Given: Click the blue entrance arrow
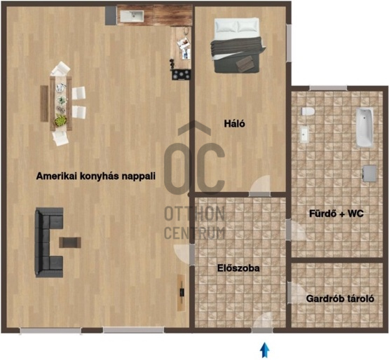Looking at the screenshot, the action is point(265,349).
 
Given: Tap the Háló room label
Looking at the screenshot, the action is point(234,123).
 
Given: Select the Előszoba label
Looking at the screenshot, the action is point(238,268).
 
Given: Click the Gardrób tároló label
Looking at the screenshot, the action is point(340,298).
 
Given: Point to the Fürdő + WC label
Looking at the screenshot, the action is point(336,214).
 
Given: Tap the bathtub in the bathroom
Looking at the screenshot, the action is point(364,127).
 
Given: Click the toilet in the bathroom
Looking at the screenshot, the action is point(308,111).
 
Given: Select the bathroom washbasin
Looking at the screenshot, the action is point(304,134).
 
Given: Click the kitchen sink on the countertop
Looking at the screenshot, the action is point(132,16).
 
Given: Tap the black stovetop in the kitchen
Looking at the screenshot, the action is point(182,75).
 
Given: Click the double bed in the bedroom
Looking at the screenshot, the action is point(238,46).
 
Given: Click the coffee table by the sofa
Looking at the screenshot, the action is point(70,242).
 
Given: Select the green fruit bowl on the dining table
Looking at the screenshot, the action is point(61,120).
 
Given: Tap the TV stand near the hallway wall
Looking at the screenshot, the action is point(182,293).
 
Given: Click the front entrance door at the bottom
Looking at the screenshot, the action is point(262,331).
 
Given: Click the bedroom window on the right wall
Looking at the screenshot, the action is point(289,43).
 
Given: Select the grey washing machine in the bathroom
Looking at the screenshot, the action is point(369,173).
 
